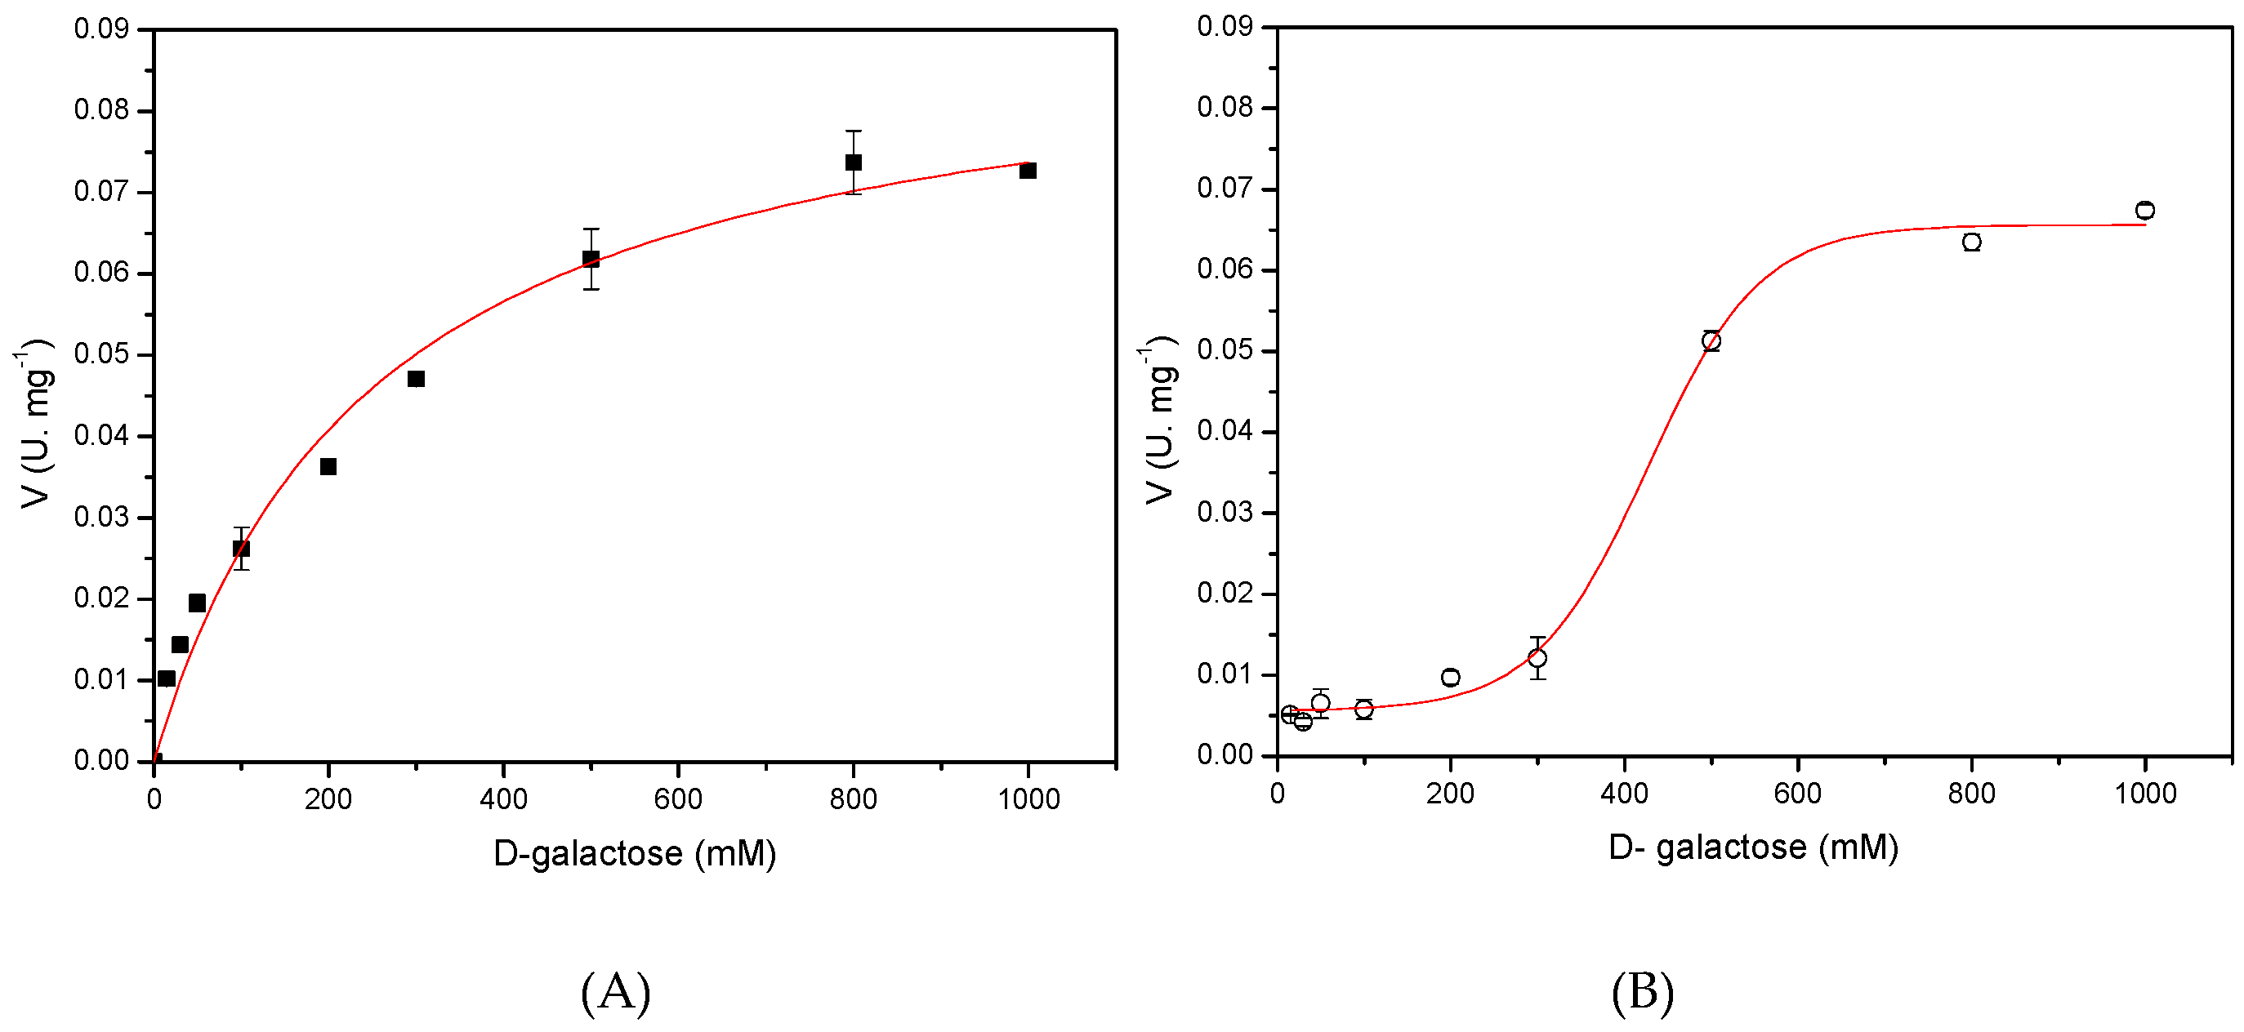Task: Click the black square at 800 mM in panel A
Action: (x=853, y=162)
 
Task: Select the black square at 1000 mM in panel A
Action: (x=1028, y=171)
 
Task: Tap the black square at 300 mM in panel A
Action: (x=417, y=379)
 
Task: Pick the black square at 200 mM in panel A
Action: (x=328, y=467)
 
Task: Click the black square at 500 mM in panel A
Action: (x=591, y=259)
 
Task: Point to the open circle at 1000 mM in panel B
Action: (x=2144, y=210)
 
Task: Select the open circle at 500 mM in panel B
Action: (x=1711, y=340)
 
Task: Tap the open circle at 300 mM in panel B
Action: (x=1537, y=657)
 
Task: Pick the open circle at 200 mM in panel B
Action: (x=1451, y=677)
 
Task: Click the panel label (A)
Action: (x=616, y=992)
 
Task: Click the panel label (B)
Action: (x=1642, y=992)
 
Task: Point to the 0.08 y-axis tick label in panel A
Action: (x=101, y=109)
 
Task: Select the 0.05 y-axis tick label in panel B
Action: (x=1225, y=350)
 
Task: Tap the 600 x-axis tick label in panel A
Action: (x=678, y=798)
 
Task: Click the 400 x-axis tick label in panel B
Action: (x=1624, y=794)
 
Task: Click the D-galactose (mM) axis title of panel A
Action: (x=634, y=853)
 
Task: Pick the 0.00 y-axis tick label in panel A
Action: (x=101, y=760)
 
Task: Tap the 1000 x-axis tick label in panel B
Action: (x=2144, y=794)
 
